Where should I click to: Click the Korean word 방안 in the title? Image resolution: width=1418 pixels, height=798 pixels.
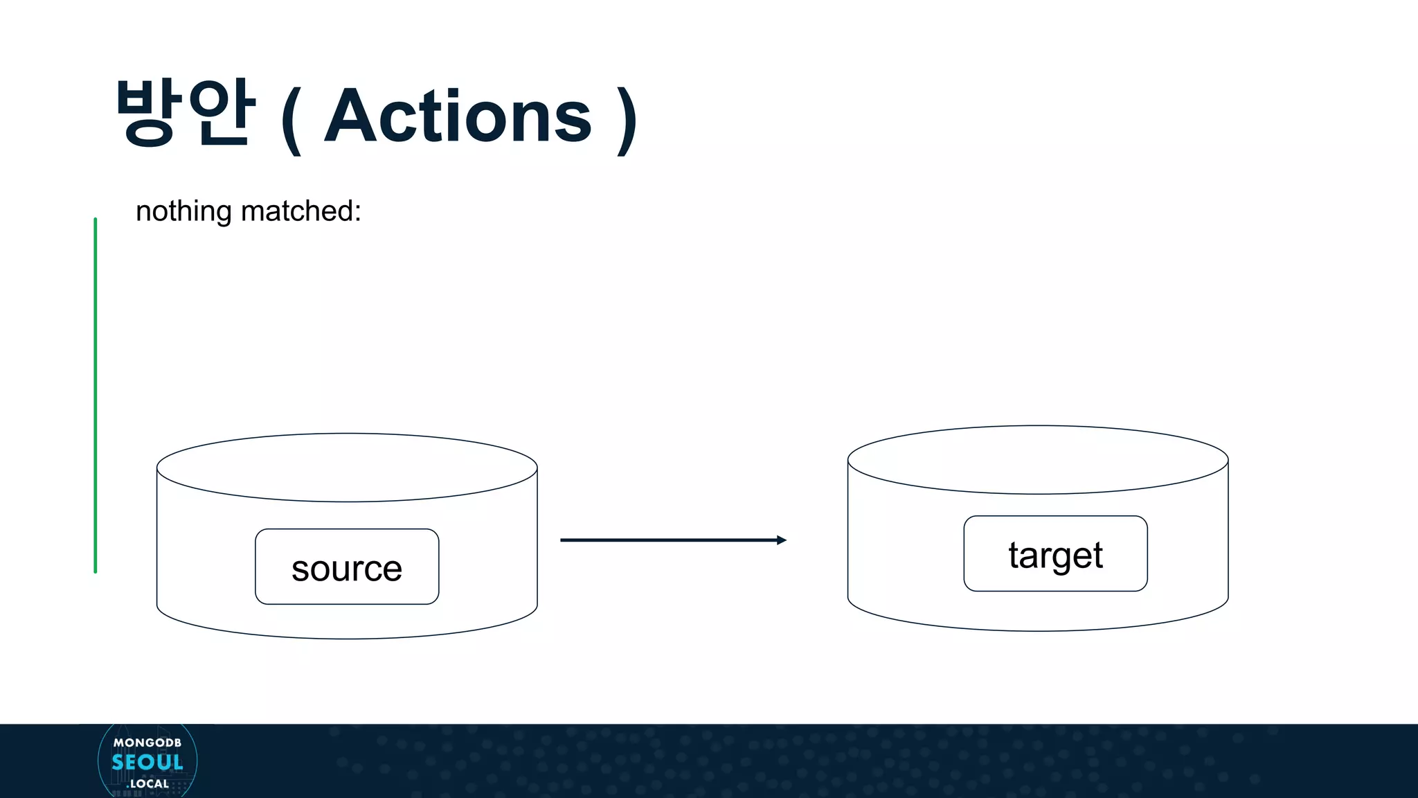click(186, 113)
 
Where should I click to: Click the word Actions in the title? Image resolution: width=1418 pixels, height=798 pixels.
click(458, 117)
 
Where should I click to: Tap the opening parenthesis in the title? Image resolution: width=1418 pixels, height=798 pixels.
click(291, 121)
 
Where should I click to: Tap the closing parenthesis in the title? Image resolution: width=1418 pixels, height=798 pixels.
click(627, 121)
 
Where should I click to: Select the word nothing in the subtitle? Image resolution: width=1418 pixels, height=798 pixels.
click(183, 211)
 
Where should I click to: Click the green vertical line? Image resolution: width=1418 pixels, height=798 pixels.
click(96, 395)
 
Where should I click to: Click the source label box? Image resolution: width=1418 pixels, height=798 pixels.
click(347, 567)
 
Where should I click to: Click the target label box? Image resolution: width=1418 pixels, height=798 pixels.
click(1055, 554)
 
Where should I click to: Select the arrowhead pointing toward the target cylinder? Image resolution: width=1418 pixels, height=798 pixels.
click(782, 540)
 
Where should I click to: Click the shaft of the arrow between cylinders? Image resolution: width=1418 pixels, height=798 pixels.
click(665, 540)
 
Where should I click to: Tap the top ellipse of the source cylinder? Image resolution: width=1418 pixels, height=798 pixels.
click(347, 467)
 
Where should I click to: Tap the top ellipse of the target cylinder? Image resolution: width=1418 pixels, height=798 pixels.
click(1038, 459)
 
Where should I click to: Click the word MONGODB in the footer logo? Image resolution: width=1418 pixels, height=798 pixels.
click(147, 743)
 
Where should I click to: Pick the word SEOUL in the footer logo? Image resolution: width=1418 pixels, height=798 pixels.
click(147, 763)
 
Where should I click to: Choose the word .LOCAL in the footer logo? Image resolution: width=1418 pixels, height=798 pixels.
click(148, 784)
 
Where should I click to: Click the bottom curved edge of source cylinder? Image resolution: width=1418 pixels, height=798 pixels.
click(347, 638)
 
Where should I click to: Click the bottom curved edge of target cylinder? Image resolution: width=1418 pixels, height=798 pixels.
click(1038, 630)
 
